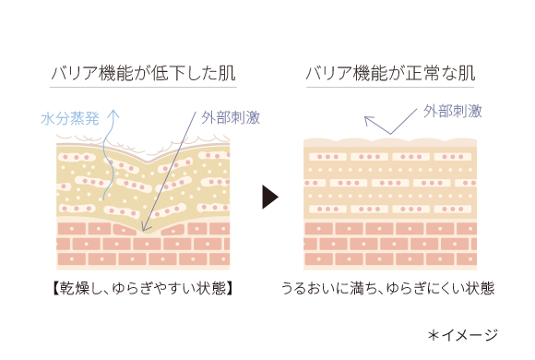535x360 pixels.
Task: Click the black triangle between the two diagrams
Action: (x=269, y=197)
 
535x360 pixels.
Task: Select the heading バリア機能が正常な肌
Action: (x=390, y=72)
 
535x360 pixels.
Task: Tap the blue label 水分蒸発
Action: (x=70, y=118)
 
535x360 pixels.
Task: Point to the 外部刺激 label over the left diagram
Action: (x=230, y=118)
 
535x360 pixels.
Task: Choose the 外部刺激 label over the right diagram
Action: (x=453, y=110)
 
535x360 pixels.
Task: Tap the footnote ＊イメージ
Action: (x=462, y=334)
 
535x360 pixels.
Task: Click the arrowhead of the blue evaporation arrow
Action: (x=114, y=111)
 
